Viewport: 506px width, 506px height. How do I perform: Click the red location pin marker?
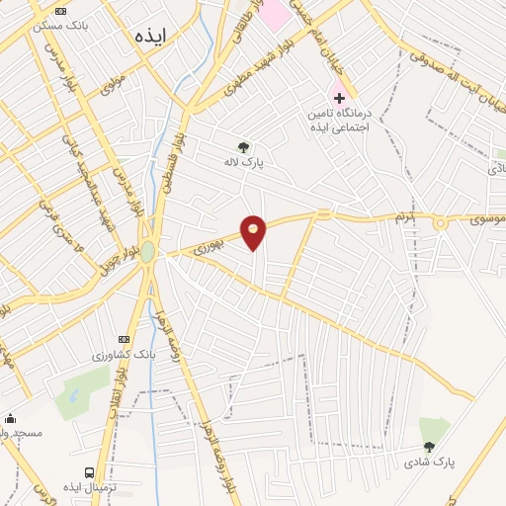pyautogui.click(x=254, y=231)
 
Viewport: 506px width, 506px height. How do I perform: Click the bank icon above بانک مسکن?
pyautogui.click(x=62, y=11)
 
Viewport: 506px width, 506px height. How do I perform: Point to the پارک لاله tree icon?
pyautogui.click(x=242, y=147)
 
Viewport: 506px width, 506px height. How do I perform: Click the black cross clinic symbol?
pyautogui.click(x=339, y=99)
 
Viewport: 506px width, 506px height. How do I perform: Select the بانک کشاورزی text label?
pyautogui.click(x=124, y=354)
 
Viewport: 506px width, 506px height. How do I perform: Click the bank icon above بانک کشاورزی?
pyautogui.click(x=124, y=339)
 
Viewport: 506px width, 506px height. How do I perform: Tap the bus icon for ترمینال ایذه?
pyautogui.click(x=91, y=473)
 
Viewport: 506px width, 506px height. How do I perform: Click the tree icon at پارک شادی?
pyautogui.click(x=427, y=447)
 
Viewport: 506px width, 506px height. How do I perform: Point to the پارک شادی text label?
pyautogui.click(x=428, y=462)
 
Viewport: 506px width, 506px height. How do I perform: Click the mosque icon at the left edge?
pyautogui.click(x=10, y=418)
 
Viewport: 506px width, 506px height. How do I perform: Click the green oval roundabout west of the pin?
pyautogui.click(x=147, y=252)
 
